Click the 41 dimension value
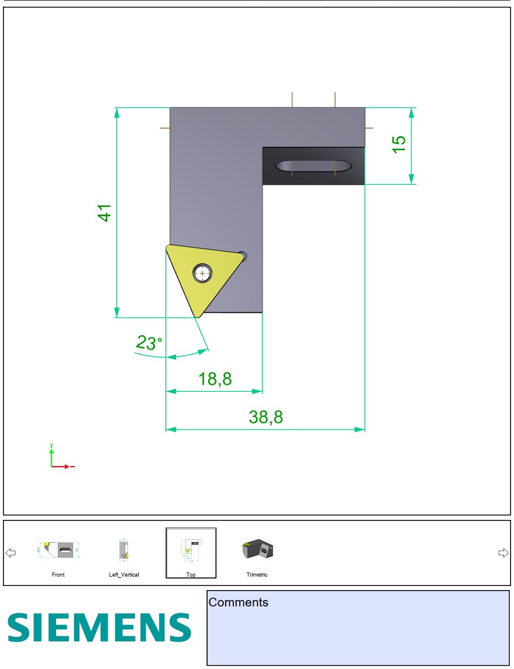(x=105, y=213)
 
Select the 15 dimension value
(x=398, y=144)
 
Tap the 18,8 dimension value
(x=215, y=379)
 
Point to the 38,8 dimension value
(x=265, y=417)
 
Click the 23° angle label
(x=149, y=343)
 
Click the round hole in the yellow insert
(x=202, y=274)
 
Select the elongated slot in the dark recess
(x=313, y=166)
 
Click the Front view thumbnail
(x=58, y=550)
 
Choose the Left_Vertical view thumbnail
(x=124, y=550)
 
